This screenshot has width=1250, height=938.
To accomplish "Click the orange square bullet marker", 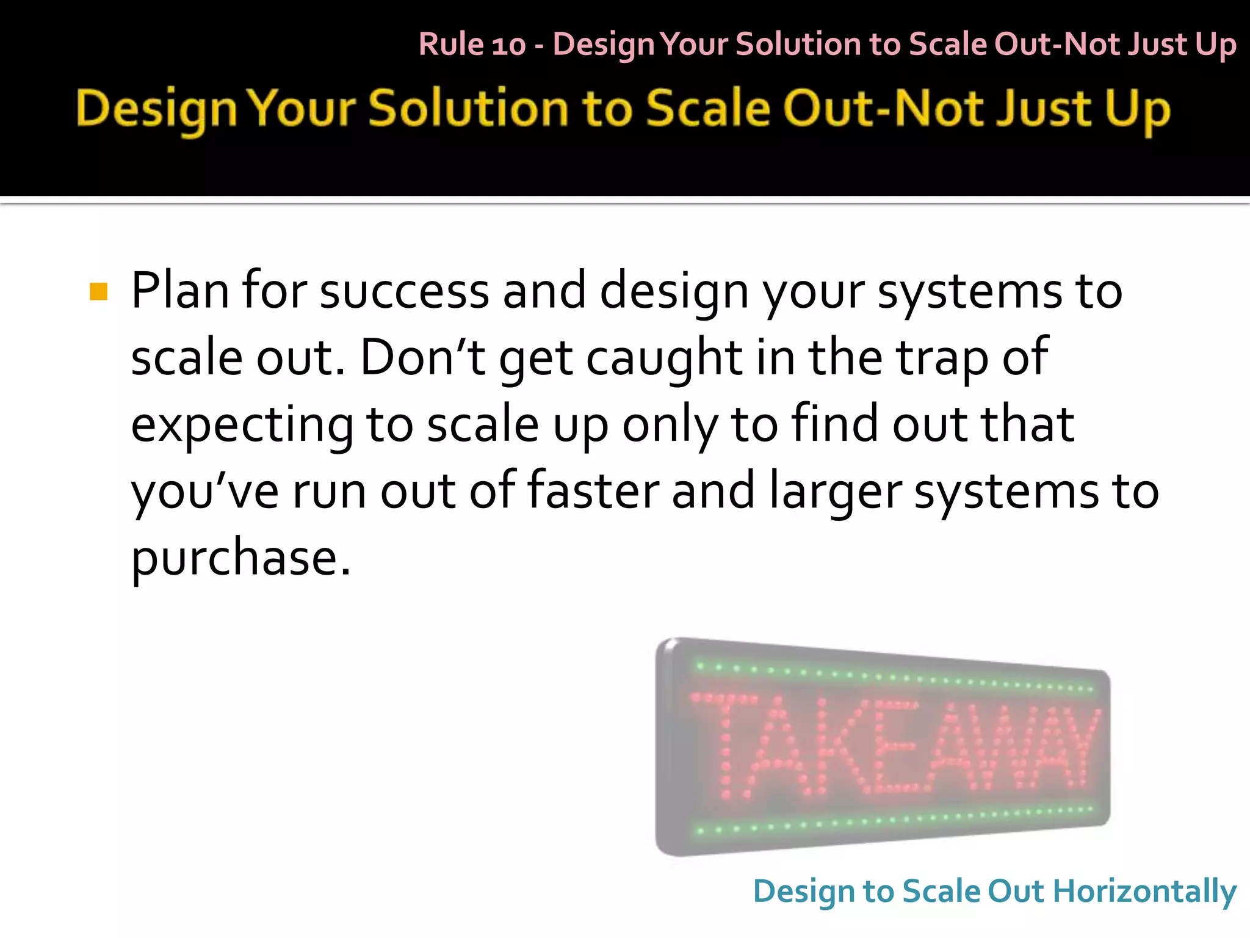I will pyautogui.click(x=98, y=291).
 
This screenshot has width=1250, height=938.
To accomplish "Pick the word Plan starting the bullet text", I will pyautogui.click(x=180, y=291).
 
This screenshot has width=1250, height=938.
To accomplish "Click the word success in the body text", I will pyautogui.click(x=404, y=292).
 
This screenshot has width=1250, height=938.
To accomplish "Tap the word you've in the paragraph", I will pyautogui.click(x=205, y=492).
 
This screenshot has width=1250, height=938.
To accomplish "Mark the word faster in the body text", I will pyautogui.click(x=593, y=491).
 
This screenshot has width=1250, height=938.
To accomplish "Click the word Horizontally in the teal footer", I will pyautogui.click(x=1145, y=892).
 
